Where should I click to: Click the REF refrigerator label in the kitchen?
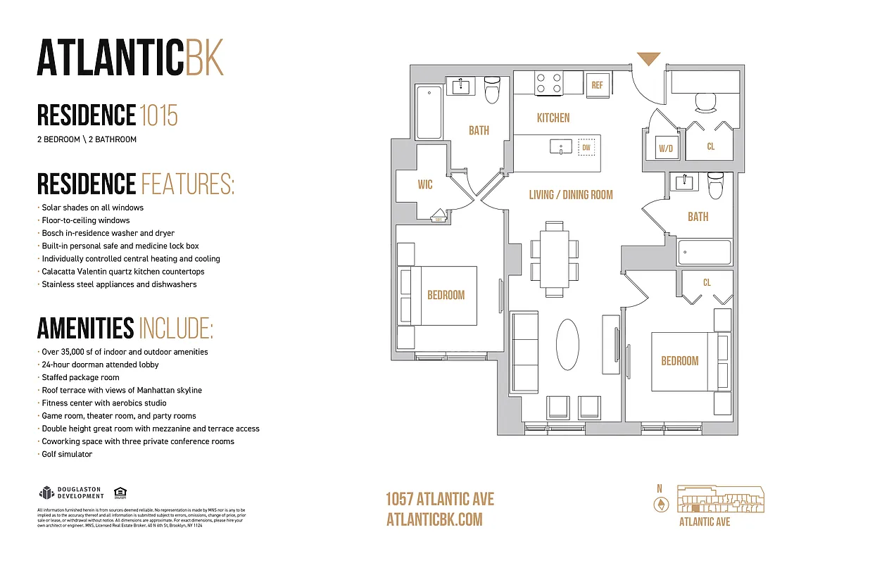pos(597,85)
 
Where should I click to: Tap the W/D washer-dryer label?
pos(664,148)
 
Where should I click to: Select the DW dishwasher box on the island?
pos(586,148)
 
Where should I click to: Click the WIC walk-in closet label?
pos(424,185)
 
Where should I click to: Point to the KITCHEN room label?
pos(553,118)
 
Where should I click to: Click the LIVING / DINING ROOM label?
pos(571,195)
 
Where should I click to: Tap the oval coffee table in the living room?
pos(567,344)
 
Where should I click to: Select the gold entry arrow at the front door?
pos(648,60)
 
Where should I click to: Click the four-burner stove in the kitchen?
pos(548,84)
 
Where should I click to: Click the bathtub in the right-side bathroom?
pos(705,251)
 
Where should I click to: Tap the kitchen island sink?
pos(561,147)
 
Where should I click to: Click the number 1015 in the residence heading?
pos(158,115)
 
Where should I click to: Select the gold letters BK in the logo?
pos(204,58)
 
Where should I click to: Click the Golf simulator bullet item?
pos(67,454)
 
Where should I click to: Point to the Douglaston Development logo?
pos(70,493)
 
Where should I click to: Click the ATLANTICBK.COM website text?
pos(434,519)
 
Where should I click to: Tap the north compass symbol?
pos(660,504)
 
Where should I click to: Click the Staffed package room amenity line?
pos(80,377)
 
